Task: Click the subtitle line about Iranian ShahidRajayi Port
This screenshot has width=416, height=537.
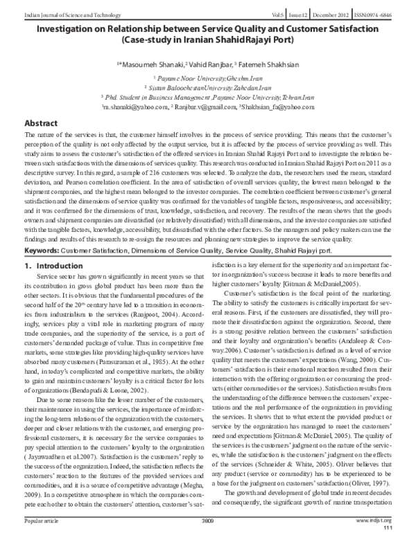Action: (x=207, y=40)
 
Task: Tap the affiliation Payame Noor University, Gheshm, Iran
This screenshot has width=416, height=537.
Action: (x=208, y=80)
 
